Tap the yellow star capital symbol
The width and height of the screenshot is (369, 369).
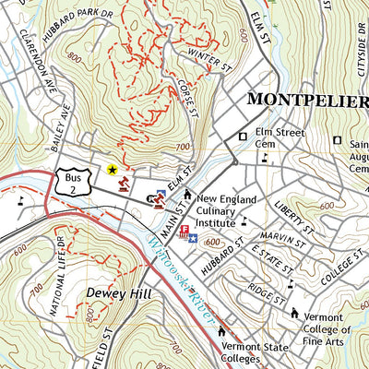[113, 169]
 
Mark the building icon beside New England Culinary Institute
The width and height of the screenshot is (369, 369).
[187, 195]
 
